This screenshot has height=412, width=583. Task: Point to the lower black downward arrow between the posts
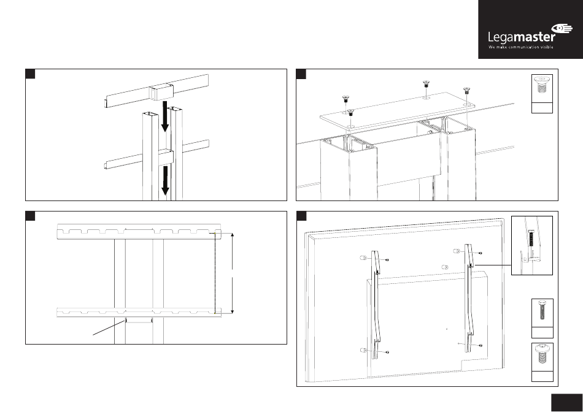[x=164, y=182]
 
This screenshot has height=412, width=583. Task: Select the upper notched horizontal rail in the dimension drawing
[x=137, y=232]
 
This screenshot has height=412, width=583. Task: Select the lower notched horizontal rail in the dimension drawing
[x=137, y=311]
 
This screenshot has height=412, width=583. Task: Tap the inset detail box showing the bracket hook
[x=532, y=246]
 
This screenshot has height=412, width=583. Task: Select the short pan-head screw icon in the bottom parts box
[x=542, y=354]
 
